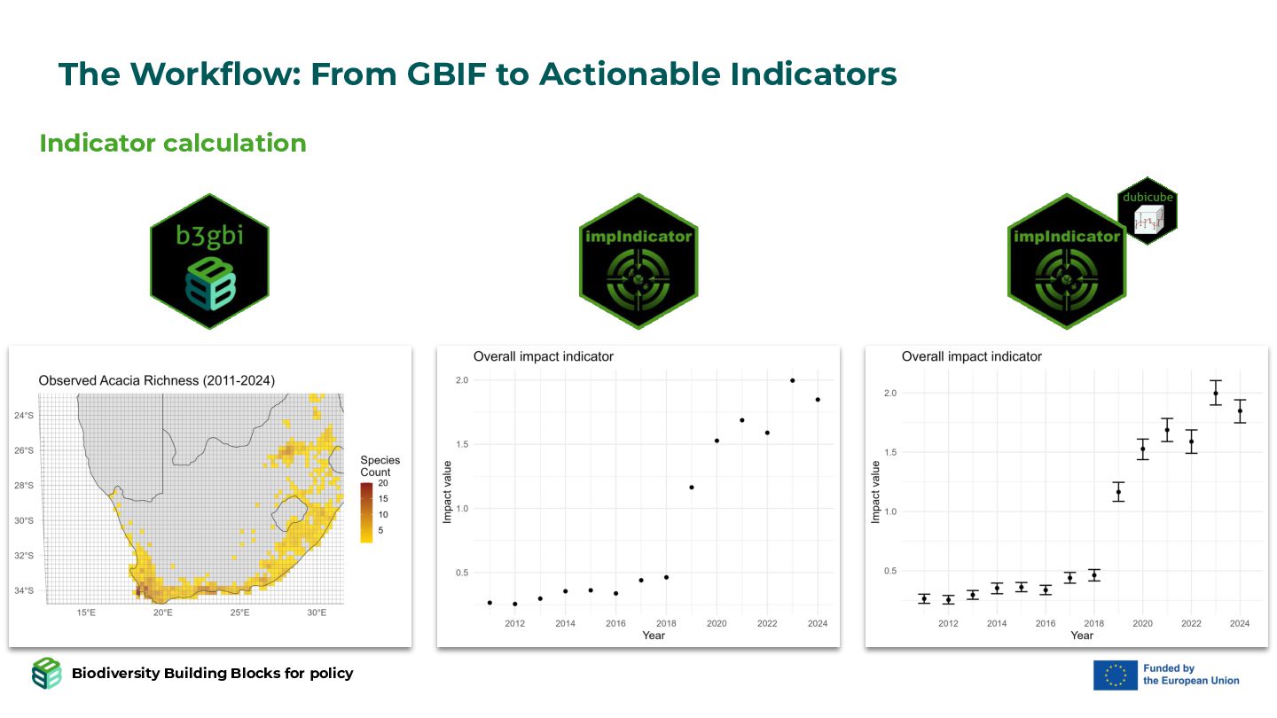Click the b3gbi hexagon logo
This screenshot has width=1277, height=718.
click(209, 261)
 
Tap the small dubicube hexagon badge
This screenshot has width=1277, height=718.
click(1148, 211)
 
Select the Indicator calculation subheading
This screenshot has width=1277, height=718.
click(173, 143)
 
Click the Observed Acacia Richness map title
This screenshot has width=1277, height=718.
click(157, 380)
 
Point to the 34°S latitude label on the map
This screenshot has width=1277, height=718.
click(24, 590)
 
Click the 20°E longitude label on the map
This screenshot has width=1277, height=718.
click(162, 613)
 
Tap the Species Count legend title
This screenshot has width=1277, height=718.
click(380, 465)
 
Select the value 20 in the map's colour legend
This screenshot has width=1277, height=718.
click(383, 483)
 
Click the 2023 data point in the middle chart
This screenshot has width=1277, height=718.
click(793, 380)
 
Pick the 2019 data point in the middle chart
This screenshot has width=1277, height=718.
click(692, 488)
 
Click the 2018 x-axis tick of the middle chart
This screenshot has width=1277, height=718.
click(666, 623)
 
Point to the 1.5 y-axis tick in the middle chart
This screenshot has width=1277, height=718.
click(462, 444)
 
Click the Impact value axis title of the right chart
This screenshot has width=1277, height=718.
click(875, 492)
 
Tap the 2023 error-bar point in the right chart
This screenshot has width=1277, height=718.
click(1216, 394)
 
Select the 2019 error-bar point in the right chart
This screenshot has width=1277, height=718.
click(1118, 492)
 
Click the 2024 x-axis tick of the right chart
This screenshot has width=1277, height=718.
click(1240, 623)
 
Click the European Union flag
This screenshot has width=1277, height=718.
click(1115, 675)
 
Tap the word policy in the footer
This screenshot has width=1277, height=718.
click(332, 674)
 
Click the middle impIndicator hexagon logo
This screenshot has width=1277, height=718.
click(638, 261)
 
